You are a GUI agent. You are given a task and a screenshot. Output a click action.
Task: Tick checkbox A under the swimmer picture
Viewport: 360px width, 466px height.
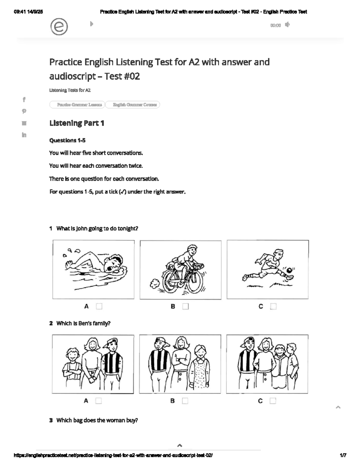point(99,306)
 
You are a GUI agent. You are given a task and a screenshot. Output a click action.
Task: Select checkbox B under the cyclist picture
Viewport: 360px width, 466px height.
point(186,306)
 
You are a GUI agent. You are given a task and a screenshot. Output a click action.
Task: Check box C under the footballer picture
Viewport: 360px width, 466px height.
point(273,306)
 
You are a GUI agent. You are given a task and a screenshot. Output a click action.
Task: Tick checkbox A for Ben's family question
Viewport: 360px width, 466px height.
point(98,401)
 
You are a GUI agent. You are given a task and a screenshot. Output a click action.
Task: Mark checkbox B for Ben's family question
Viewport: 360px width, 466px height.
point(185,401)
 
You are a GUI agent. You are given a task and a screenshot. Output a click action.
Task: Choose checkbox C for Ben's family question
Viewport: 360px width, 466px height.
point(273,401)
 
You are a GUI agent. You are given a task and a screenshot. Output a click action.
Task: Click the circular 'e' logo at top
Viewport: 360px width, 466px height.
point(59,27)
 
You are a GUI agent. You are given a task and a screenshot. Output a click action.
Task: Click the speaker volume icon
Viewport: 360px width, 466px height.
point(287,25)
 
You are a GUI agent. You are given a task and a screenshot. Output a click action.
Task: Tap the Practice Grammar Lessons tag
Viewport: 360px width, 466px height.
point(77,105)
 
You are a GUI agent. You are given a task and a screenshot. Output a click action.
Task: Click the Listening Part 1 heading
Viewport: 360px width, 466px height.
point(77,123)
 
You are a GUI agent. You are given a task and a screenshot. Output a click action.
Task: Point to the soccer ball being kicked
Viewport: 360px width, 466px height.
point(289,271)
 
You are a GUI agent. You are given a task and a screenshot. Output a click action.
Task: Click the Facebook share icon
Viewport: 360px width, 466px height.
point(24,99)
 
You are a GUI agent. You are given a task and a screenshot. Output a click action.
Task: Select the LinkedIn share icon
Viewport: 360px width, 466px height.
point(24,135)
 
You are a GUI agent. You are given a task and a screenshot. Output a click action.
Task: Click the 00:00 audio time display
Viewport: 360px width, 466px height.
point(275,26)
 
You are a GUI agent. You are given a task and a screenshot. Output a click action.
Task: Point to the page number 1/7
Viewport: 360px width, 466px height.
point(343,455)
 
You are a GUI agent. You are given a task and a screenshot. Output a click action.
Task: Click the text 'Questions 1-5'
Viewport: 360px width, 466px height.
point(67,140)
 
